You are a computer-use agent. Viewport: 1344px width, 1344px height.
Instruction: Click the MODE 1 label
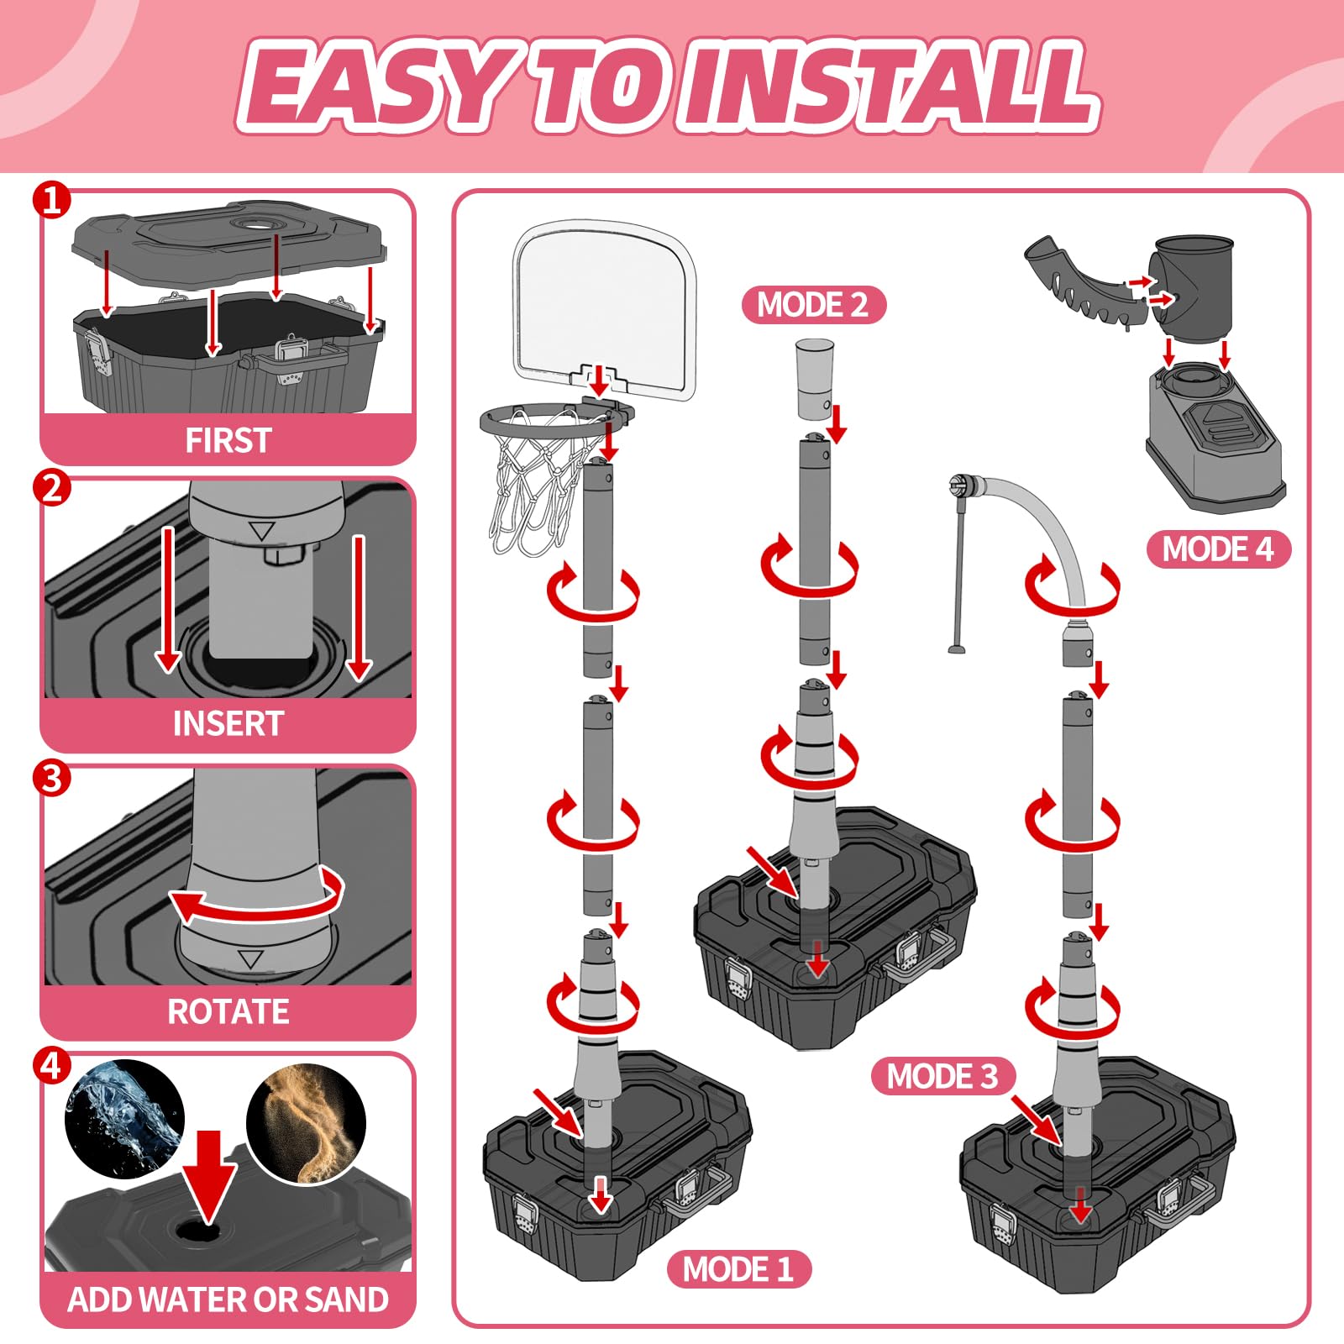738,1268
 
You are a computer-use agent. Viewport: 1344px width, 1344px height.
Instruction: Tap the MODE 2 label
813,304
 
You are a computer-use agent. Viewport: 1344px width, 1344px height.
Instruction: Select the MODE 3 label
942,1076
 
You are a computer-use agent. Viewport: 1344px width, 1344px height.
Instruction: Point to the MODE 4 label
1218,549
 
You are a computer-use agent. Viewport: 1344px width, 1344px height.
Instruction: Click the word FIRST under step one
228,440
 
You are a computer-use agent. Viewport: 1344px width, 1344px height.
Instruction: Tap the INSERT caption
228,723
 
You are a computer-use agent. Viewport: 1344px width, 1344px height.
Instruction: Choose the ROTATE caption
228,1011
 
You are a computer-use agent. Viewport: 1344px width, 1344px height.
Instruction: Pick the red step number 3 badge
52,778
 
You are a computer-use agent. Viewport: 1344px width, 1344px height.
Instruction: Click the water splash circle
125,1119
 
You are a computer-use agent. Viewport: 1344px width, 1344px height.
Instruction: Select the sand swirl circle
307,1124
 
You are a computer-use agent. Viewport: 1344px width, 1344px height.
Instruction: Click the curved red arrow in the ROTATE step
256,899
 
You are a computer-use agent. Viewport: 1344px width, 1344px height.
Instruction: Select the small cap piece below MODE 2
815,378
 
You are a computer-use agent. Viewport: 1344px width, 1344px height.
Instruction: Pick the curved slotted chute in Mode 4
1084,281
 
